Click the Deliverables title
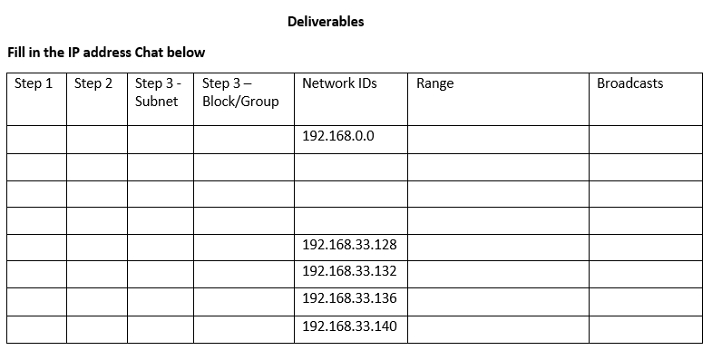pyautogui.click(x=325, y=21)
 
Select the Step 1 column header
pyautogui.click(x=34, y=83)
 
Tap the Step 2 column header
pyautogui.click(x=93, y=83)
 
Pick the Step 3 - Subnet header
pyautogui.click(x=158, y=92)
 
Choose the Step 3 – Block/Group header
pyautogui.click(x=240, y=92)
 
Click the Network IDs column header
pyautogui.click(x=339, y=83)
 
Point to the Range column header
pyautogui.click(x=434, y=83)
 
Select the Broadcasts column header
pyautogui.click(x=629, y=83)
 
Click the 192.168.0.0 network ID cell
pyautogui.click(x=337, y=137)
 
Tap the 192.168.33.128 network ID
pyautogui.click(x=348, y=246)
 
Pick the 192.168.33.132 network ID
pyautogui.click(x=348, y=272)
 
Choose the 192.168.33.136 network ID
pyautogui.click(x=348, y=298)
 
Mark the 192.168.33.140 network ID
pyautogui.click(x=348, y=326)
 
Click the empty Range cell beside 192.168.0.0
pyautogui.click(x=497, y=138)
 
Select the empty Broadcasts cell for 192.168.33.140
pyautogui.click(x=645, y=327)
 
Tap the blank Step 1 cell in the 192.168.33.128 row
pyautogui.click(x=36, y=247)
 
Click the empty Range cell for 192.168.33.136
pyautogui.click(x=497, y=300)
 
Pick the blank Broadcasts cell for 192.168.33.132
pyautogui.click(x=645, y=273)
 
